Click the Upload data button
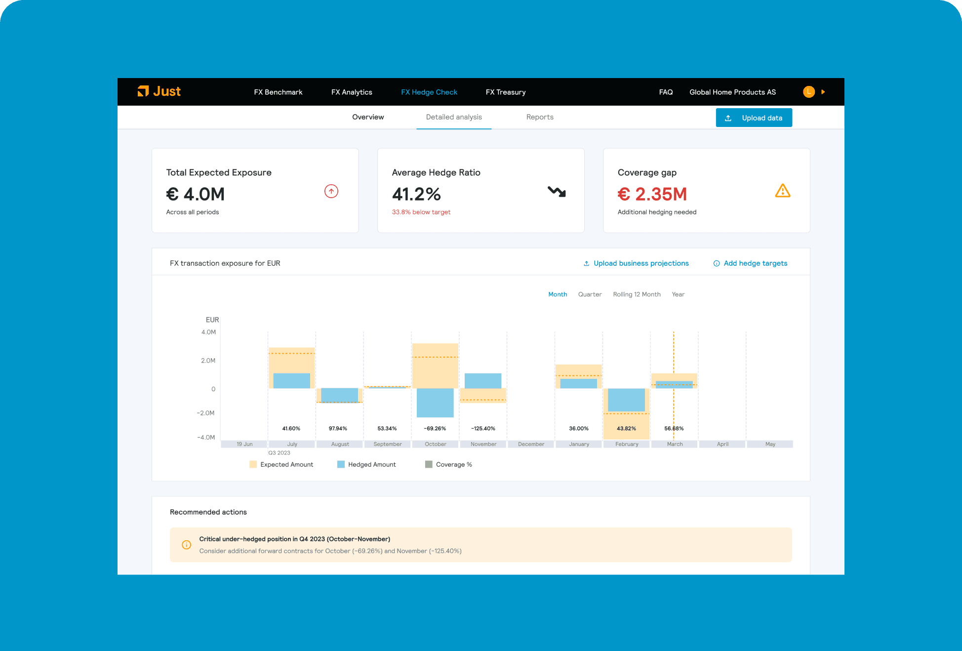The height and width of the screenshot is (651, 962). pyautogui.click(x=754, y=118)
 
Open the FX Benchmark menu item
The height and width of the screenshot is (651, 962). pyautogui.click(x=278, y=92)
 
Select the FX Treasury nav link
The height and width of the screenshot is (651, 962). pyautogui.click(x=505, y=92)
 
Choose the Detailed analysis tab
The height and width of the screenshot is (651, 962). pyautogui.click(x=454, y=117)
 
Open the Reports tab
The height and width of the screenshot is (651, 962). pyautogui.click(x=540, y=117)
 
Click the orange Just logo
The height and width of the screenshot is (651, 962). pyautogui.click(x=159, y=91)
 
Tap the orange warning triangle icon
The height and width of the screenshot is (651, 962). pyautogui.click(x=783, y=191)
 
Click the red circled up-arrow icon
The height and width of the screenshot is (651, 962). pyautogui.click(x=331, y=191)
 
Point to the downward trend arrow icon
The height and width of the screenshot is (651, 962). pyautogui.click(x=557, y=192)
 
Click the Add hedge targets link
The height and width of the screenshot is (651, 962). pyautogui.click(x=750, y=263)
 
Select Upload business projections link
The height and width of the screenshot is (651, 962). pyautogui.click(x=636, y=263)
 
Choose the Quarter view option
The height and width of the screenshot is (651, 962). pyautogui.click(x=590, y=294)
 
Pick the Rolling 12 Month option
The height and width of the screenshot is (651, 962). pyautogui.click(x=637, y=294)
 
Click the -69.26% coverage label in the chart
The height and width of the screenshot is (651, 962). pyautogui.click(x=435, y=429)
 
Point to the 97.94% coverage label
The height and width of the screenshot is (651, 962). pyautogui.click(x=338, y=429)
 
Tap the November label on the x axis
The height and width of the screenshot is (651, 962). pyautogui.click(x=483, y=444)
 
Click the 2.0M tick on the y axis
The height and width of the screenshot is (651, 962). pyautogui.click(x=208, y=361)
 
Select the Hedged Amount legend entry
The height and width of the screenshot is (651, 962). pyautogui.click(x=366, y=464)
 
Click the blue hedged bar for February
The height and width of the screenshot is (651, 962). pyautogui.click(x=626, y=400)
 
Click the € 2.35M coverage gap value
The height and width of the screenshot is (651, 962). pyautogui.click(x=652, y=194)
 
